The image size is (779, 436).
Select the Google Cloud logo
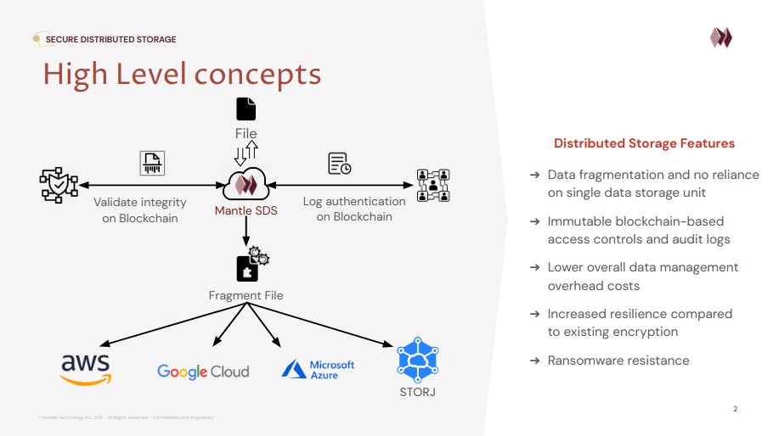(203, 372)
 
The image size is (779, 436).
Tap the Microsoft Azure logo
(318, 369)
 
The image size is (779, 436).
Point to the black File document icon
(246, 109)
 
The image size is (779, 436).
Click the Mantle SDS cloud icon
(246, 182)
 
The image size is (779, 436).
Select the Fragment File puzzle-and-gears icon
(250, 266)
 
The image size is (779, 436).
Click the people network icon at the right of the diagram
(434, 184)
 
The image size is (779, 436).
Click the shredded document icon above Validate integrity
(152, 163)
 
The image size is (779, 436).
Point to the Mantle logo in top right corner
(721, 37)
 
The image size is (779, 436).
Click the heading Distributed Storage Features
(644, 143)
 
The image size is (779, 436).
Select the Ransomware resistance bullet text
(618, 361)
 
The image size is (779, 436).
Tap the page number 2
(735, 410)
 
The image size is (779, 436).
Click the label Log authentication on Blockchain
(354, 209)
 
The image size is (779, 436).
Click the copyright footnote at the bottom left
(126, 417)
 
